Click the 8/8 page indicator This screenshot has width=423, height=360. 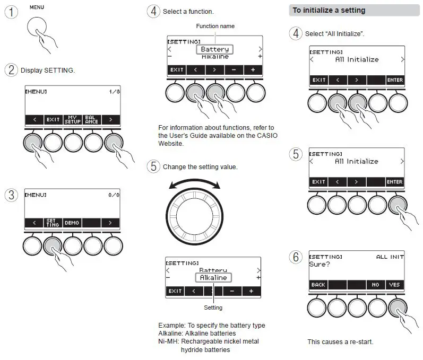(x=114, y=196)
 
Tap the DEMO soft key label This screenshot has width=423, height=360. (x=72, y=223)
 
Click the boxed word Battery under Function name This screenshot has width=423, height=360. (x=214, y=49)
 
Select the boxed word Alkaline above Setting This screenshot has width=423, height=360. (x=214, y=278)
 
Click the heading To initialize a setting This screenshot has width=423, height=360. (x=329, y=11)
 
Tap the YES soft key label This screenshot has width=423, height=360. (x=394, y=285)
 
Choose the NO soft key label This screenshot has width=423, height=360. (x=375, y=285)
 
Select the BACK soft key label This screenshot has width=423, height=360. (x=318, y=285)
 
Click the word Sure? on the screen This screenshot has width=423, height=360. (x=320, y=264)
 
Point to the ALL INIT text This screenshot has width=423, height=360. (x=390, y=257)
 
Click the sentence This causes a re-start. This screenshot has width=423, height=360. (x=340, y=342)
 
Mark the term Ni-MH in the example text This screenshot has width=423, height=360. (x=168, y=341)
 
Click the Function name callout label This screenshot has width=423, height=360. (x=215, y=26)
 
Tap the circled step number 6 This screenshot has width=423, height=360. (x=296, y=257)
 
